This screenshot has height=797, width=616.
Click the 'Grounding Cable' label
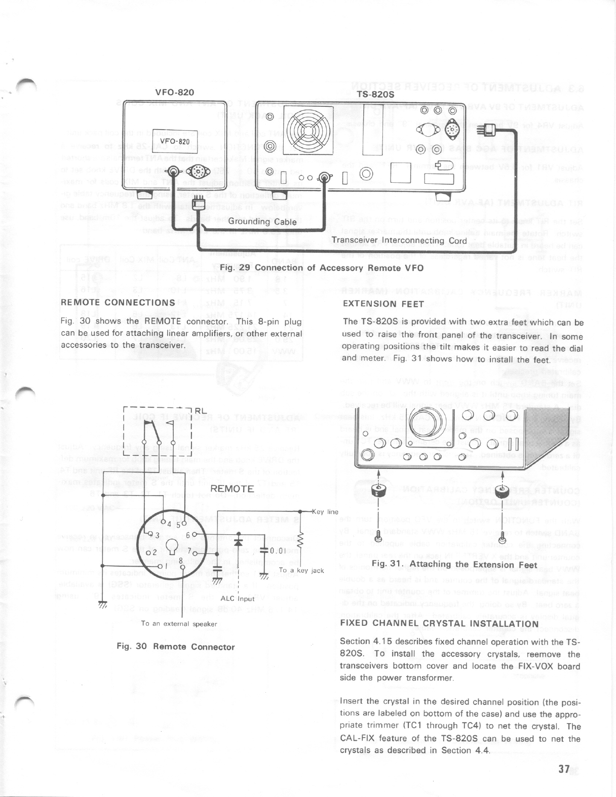[262, 221]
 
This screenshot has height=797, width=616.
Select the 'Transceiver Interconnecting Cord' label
[399, 241]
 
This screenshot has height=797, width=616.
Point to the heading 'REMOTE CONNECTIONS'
[118, 303]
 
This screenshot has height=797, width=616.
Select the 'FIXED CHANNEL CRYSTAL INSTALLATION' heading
[440, 624]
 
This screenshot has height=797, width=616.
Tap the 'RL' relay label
[201, 411]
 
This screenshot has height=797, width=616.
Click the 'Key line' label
[324, 511]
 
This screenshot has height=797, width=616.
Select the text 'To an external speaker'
[179, 624]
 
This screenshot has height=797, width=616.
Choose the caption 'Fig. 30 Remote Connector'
[175, 647]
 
